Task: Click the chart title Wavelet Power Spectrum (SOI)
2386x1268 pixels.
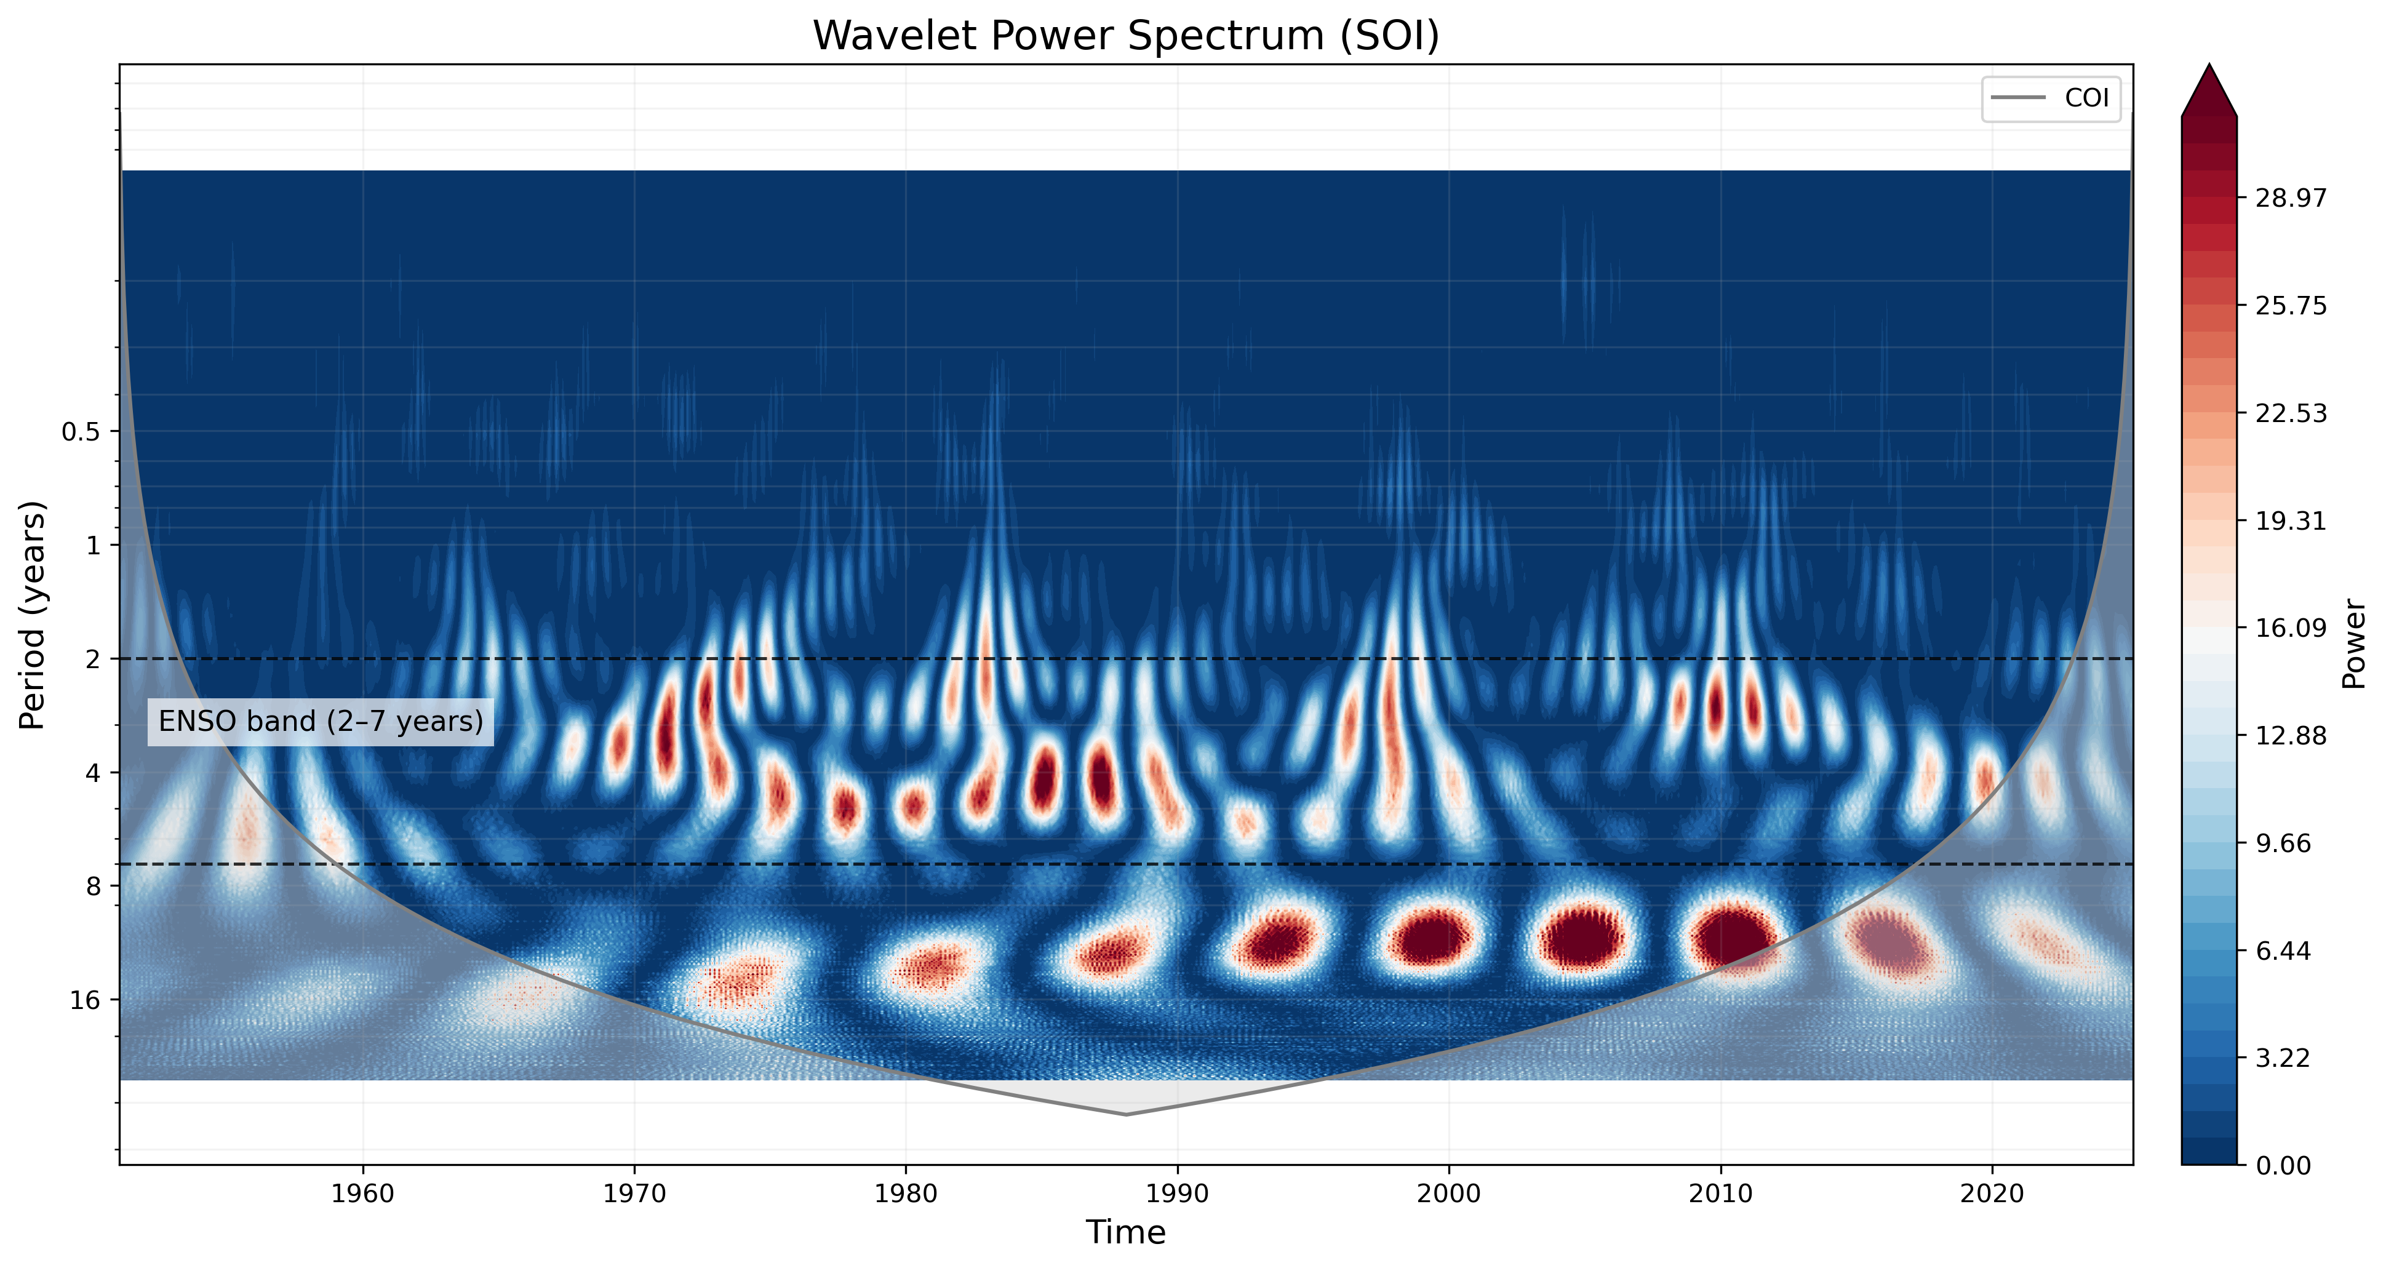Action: pos(1125,36)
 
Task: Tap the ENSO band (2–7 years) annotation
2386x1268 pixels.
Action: pos(321,722)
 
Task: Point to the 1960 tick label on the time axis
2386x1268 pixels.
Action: pos(363,1194)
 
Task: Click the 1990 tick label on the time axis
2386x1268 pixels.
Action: pos(1177,1194)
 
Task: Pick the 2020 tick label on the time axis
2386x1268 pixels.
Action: pos(1992,1194)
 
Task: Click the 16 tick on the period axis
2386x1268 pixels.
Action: pos(84,1000)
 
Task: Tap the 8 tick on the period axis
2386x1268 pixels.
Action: pos(93,887)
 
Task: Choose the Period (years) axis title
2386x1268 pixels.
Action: pos(33,615)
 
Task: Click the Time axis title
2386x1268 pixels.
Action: pos(1125,1233)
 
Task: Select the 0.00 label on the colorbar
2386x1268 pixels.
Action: pos(2283,1165)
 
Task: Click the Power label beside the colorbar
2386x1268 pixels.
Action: pos(2353,643)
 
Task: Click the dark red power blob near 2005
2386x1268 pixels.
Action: pos(1582,938)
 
